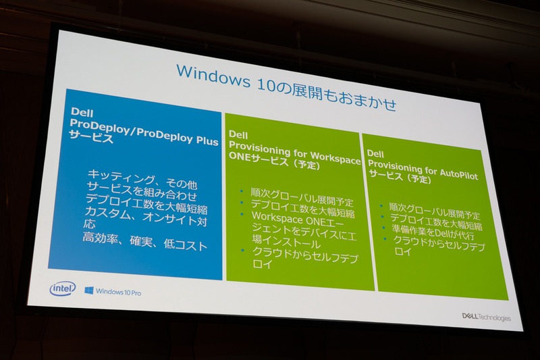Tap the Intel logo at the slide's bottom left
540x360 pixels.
63,288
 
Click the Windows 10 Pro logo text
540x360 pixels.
113,292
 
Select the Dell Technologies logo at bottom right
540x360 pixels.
485,317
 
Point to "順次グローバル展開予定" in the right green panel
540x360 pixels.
433,207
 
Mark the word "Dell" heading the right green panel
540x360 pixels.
375,154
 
